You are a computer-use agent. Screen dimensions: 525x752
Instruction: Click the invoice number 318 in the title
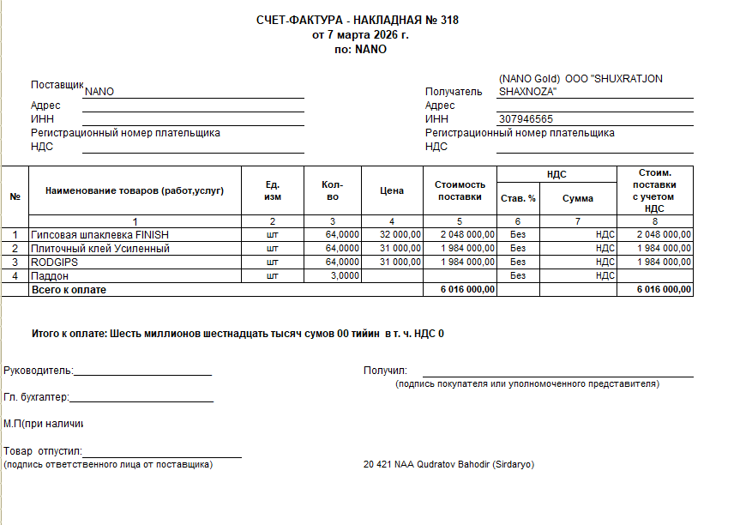click(448, 20)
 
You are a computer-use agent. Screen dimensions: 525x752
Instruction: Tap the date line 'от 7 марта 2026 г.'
click(360, 35)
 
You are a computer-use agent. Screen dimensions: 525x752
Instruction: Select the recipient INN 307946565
click(526, 119)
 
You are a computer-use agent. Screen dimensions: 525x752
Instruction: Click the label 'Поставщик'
click(57, 85)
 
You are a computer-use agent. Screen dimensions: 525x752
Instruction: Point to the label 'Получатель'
click(454, 92)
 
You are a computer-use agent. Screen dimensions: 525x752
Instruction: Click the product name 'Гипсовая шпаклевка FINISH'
click(99, 234)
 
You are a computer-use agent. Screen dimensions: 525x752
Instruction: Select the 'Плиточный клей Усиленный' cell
click(100, 249)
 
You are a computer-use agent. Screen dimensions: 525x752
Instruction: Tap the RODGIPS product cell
click(55, 262)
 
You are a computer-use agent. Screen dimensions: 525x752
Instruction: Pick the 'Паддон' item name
click(50, 276)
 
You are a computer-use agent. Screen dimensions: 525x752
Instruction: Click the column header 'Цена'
click(391, 190)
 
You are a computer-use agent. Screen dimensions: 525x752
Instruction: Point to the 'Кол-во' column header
click(333, 190)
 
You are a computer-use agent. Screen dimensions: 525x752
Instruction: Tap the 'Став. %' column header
click(518, 198)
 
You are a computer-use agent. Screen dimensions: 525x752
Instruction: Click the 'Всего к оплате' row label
click(69, 290)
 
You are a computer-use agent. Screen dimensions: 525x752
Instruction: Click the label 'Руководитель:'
click(39, 371)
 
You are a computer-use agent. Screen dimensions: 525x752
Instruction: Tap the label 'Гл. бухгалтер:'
click(36, 397)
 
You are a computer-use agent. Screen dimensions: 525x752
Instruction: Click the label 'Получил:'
click(385, 371)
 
